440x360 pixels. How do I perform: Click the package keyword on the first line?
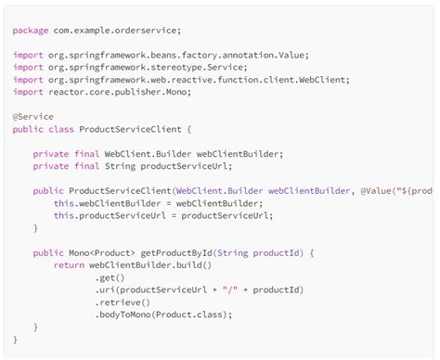tap(30, 31)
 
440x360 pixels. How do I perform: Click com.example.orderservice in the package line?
tap(108, 31)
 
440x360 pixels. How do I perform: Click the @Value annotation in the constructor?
tap(377, 190)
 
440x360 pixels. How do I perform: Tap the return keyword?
tap(69, 264)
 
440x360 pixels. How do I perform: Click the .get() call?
tap(110, 277)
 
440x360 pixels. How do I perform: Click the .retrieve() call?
tap(123, 302)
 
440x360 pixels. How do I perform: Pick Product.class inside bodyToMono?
tap(193, 315)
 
